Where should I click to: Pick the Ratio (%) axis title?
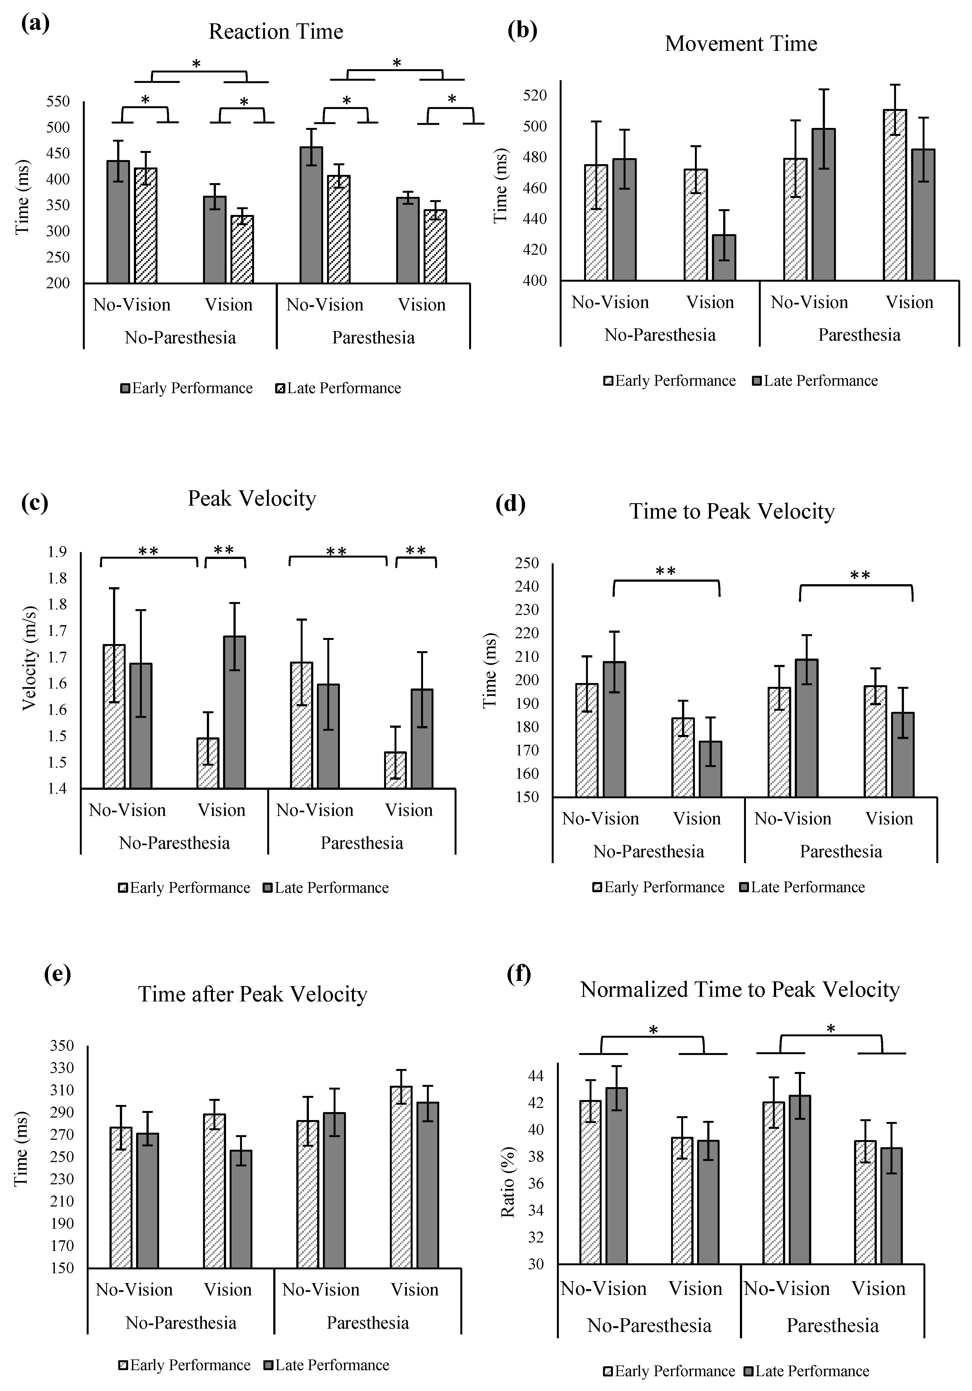508,1182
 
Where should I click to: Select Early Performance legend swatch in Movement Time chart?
609,381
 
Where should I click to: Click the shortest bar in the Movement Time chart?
724,258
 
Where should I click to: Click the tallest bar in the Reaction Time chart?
311,215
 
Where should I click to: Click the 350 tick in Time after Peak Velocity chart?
62,1046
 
